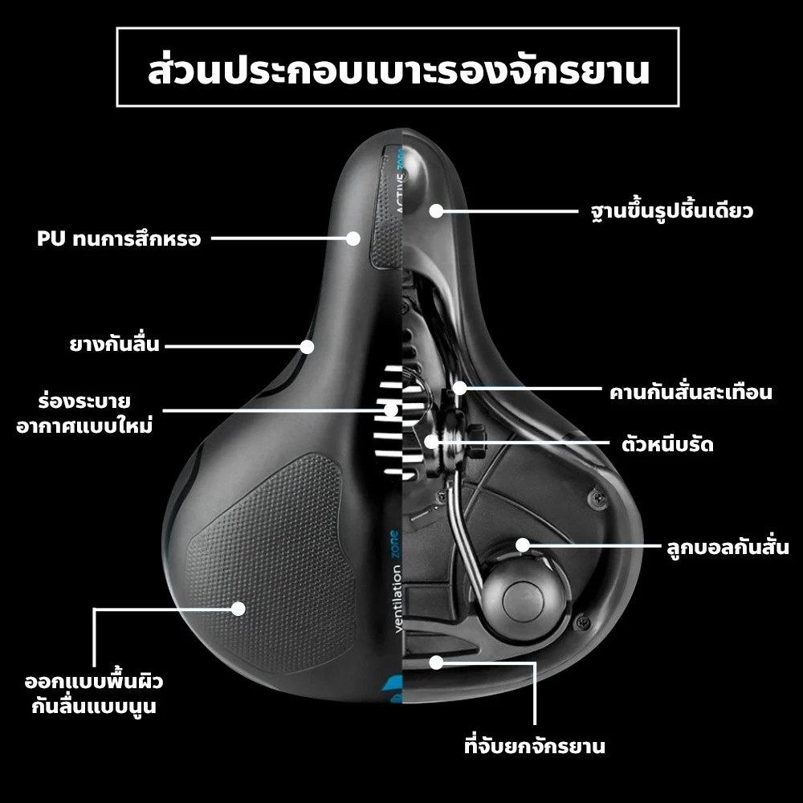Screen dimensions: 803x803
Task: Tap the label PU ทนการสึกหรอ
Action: [x=119, y=238]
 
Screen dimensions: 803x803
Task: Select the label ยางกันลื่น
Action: [x=115, y=344]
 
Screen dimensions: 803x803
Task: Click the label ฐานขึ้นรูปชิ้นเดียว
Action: [x=671, y=210]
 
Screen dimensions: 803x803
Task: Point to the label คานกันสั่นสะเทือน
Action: [x=691, y=393]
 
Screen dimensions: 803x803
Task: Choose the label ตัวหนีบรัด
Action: [x=667, y=444]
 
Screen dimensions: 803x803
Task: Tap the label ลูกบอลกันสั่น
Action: [x=728, y=547]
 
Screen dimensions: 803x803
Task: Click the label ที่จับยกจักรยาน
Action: [x=534, y=745]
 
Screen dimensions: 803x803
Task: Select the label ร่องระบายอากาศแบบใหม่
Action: [x=84, y=414]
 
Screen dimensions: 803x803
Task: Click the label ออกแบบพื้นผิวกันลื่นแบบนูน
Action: [x=94, y=694]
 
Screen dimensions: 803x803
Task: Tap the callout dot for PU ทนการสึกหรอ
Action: [x=353, y=238]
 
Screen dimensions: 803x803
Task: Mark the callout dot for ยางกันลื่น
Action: [x=307, y=347]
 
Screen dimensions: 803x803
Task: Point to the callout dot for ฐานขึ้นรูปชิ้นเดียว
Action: [x=436, y=210]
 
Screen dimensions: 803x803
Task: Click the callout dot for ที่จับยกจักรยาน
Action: [x=436, y=662]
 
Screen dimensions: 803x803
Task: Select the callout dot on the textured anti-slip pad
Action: [x=238, y=609]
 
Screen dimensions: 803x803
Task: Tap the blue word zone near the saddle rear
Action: [x=393, y=544]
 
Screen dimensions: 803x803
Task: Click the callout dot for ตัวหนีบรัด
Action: [x=432, y=441]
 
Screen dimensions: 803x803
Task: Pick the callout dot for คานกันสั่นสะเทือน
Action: [x=460, y=388]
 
